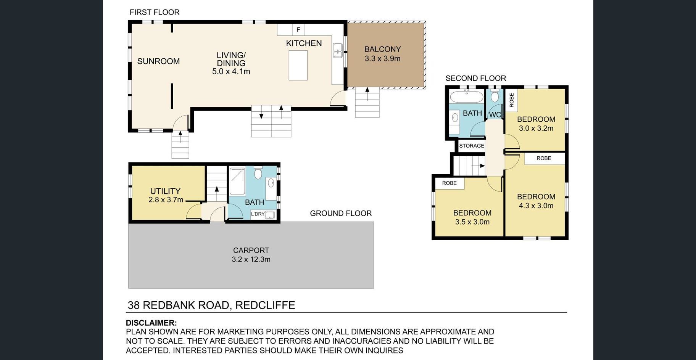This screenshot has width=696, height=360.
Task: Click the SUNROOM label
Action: coord(158,61)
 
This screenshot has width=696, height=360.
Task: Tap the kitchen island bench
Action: coord(298,65)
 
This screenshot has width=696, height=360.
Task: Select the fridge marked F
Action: coord(298,30)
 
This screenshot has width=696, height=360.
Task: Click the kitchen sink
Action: coord(337,50)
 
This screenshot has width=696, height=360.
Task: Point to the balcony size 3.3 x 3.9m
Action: coord(382,59)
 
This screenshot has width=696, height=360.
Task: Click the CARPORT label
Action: coord(251,250)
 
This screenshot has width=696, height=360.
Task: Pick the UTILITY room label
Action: coord(165,191)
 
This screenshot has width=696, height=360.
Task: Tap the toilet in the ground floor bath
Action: coord(258,172)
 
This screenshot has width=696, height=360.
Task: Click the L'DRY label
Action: coord(258,214)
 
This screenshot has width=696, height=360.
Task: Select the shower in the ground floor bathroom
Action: coord(237,182)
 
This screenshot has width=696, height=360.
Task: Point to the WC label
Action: coord(495,114)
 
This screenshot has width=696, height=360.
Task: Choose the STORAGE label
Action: coord(472,146)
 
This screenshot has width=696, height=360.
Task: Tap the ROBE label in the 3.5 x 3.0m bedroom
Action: coord(449,183)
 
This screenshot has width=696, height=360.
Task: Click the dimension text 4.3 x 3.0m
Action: coord(536,206)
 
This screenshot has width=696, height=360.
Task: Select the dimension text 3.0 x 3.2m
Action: coord(536,128)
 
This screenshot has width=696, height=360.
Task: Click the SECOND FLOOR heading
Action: coord(476,78)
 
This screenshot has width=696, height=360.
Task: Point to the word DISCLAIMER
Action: coord(151,323)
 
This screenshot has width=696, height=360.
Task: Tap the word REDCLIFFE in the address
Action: coord(265,305)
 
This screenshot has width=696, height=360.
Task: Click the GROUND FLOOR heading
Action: coord(341,213)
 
